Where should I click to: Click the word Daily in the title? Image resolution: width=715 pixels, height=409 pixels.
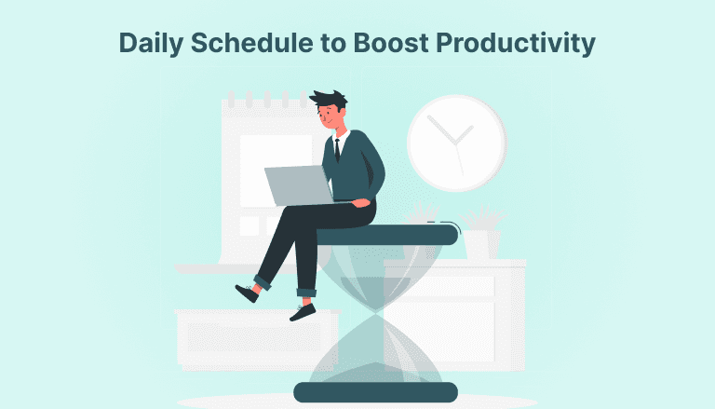pyautogui.click(x=152, y=44)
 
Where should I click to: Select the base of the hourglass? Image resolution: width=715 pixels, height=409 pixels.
pyautogui.click(x=375, y=391)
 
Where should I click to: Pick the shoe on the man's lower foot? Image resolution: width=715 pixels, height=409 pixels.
pyautogui.click(x=303, y=310)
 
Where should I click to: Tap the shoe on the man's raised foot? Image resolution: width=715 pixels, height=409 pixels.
pyautogui.click(x=247, y=293)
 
